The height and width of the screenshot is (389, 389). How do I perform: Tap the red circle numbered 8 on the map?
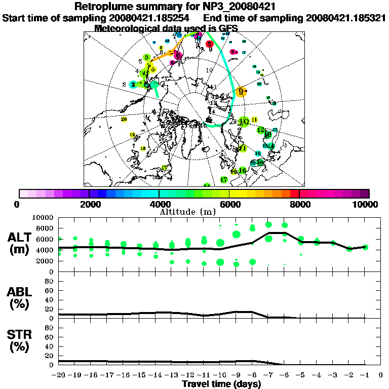tap(210, 45)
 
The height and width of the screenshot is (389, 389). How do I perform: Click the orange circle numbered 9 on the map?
tap(241, 91)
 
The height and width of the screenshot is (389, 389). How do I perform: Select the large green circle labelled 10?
tap(244, 122)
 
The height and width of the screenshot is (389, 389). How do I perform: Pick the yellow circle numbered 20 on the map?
tap(124, 119)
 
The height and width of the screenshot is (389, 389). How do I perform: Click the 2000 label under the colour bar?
tap(89, 204)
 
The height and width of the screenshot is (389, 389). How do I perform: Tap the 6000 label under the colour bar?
tap(229, 204)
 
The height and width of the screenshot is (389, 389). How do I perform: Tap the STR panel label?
tap(20, 340)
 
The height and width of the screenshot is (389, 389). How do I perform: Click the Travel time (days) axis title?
tap(221, 384)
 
